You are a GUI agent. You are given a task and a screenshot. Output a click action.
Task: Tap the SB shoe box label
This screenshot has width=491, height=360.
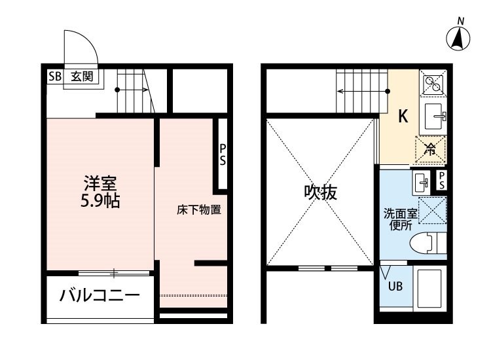tap(55, 77)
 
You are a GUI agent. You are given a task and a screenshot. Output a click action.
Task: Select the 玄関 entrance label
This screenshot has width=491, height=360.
tap(82, 77)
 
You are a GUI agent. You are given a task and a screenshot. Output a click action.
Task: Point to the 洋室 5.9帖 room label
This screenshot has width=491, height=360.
tap(100, 192)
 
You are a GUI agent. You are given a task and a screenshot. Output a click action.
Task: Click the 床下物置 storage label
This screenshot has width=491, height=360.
tap(199, 209)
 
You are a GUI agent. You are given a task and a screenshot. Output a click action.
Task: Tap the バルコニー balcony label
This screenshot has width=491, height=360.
tap(100, 295)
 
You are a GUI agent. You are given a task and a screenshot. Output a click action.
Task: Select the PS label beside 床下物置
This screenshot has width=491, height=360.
tap(223, 154)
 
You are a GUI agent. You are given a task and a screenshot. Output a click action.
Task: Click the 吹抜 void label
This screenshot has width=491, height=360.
tap(321, 192)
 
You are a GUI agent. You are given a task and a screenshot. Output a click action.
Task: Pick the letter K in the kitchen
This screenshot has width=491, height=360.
tap(403, 116)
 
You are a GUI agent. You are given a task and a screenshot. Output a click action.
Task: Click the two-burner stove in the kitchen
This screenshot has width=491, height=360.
tap(433, 82)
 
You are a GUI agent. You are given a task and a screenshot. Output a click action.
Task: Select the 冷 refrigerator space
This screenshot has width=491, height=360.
tap(430, 150)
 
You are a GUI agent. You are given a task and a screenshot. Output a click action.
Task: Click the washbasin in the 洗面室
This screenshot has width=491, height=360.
tap(420, 183)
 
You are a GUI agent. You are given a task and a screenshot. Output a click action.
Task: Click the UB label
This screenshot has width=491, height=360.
tap(395, 286)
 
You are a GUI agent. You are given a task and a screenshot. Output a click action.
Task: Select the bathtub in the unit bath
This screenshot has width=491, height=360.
tap(429, 289)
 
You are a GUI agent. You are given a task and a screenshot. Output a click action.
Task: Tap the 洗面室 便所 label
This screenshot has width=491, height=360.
tap(401, 220)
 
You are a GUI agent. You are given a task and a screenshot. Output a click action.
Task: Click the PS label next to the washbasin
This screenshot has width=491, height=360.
tap(441, 180)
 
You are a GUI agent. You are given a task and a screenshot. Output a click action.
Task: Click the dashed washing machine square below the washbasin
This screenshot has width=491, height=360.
tap(433, 210)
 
